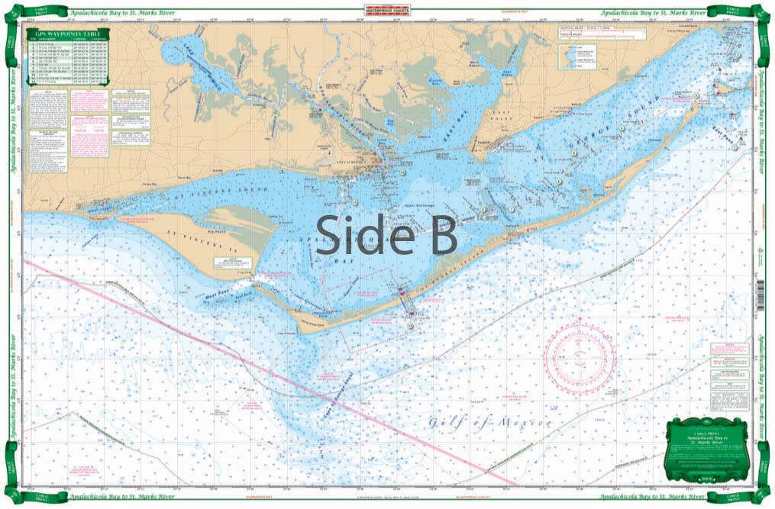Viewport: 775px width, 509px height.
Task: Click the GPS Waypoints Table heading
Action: [x=68, y=34]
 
